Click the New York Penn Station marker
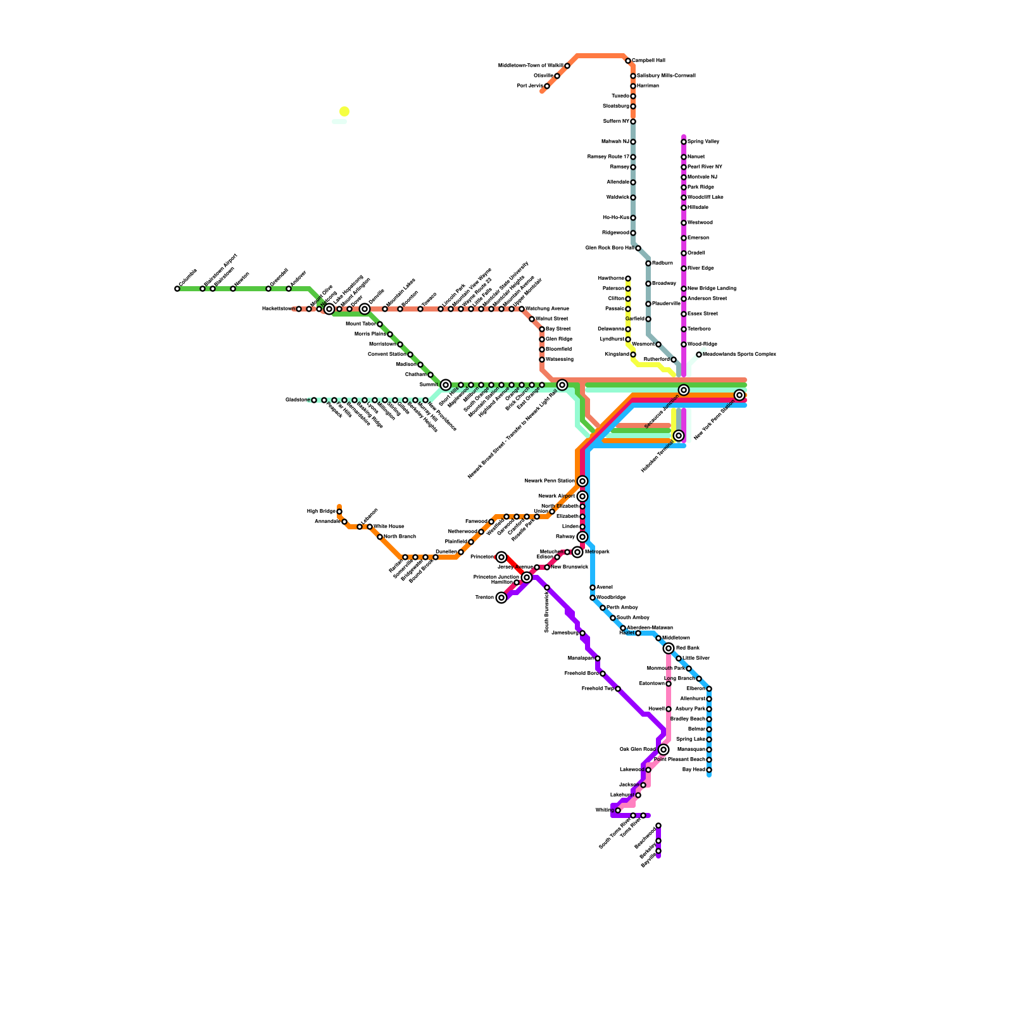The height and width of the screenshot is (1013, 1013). (739, 395)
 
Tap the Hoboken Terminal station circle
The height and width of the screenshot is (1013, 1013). (679, 436)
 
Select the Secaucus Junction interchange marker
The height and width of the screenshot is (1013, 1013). (684, 390)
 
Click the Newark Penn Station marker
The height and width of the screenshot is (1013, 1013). (582, 481)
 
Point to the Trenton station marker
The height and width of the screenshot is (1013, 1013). (501, 598)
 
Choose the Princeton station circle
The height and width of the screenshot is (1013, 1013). (501, 557)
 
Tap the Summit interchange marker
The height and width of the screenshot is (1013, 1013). (446, 385)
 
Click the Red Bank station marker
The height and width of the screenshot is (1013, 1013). (669, 648)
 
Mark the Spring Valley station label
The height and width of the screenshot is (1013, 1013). (703, 142)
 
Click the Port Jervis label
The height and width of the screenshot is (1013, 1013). (530, 86)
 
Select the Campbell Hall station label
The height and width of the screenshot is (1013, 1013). (648, 61)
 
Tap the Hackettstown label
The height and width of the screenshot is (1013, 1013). (278, 309)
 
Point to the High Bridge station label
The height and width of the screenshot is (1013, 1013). (321, 512)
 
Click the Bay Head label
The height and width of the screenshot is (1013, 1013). (694, 770)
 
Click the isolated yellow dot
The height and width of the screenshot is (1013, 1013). (344, 111)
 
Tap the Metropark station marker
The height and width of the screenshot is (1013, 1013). (577, 552)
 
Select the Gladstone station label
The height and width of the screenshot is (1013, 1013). (297, 400)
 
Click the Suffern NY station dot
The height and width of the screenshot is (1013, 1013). (633, 122)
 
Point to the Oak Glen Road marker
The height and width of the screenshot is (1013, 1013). (664, 750)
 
